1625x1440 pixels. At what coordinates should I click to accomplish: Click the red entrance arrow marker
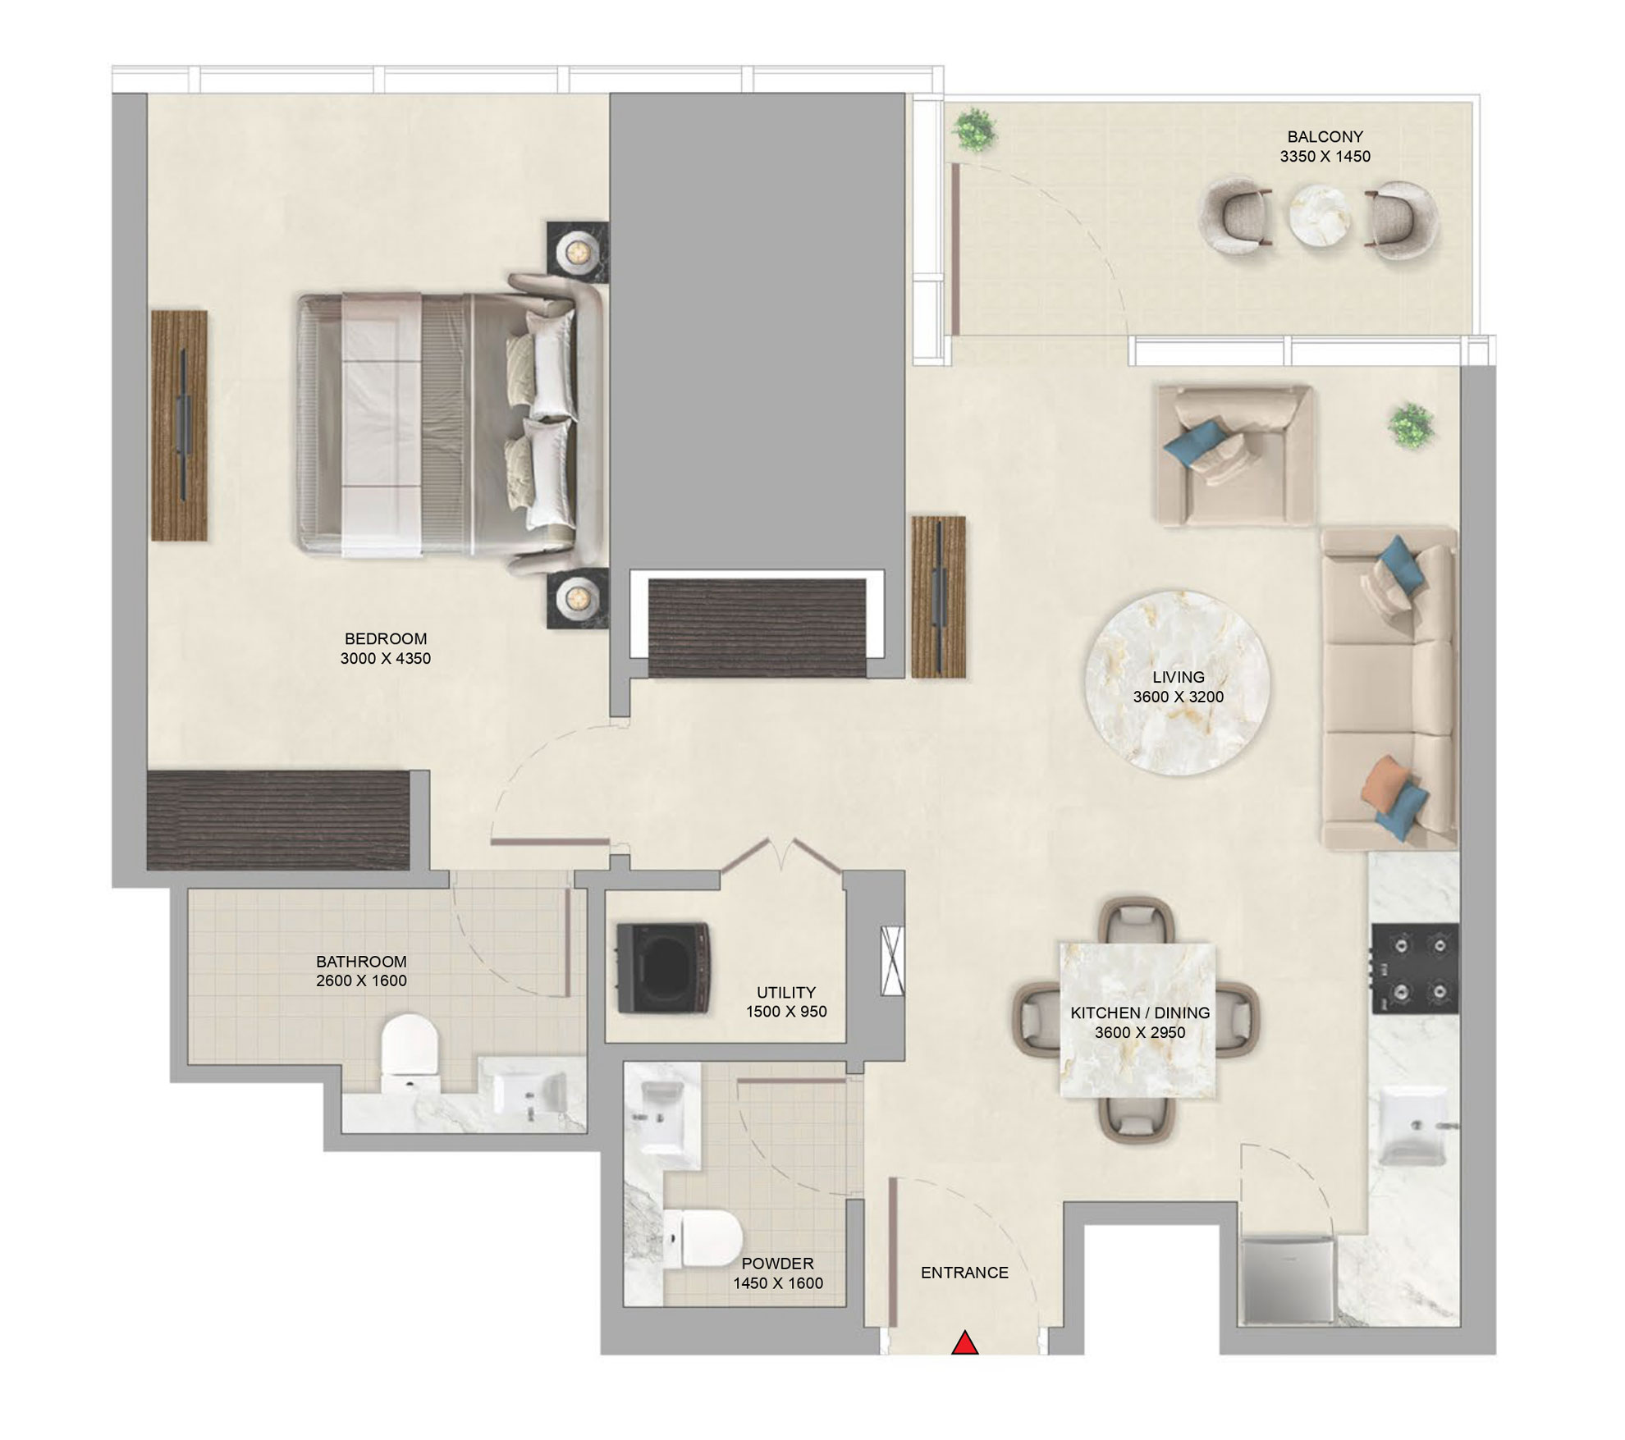pyautogui.click(x=965, y=1343)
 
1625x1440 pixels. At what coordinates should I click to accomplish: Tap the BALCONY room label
pyautogui.click(x=1325, y=137)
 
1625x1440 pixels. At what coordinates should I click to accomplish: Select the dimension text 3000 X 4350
pyautogui.click(x=385, y=658)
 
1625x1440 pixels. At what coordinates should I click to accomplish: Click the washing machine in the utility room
pyautogui.click(x=662, y=968)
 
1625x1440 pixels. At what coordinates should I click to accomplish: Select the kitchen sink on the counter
pyautogui.click(x=1413, y=1126)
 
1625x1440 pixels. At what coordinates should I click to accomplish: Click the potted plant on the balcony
pyautogui.click(x=975, y=130)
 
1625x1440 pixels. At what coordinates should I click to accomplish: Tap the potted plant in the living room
pyautogui.click(x=1411, y=426)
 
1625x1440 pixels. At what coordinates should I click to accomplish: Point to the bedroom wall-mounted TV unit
pyautogui.click(x=180, y=425)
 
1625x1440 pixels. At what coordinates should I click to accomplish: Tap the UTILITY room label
pyautogui.click(x=785, y=992)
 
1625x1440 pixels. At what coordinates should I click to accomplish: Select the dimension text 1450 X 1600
pyautogui.click(x=777, y=1283)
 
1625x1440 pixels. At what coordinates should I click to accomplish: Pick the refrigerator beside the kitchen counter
pyautogui.click(x=1288, y=1282)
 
